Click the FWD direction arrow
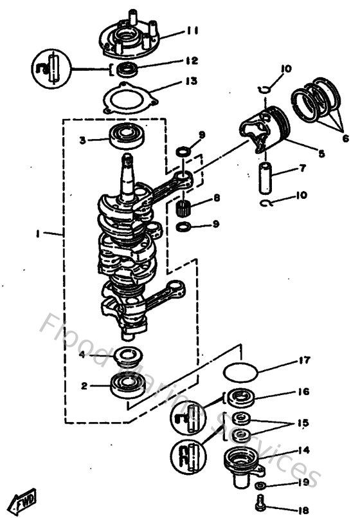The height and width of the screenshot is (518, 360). click(24, 499)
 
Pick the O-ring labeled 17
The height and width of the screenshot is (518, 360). click(242, 371)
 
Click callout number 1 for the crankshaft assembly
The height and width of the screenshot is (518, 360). click(38, 236)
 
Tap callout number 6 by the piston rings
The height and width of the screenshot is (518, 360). click(345, 138)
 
